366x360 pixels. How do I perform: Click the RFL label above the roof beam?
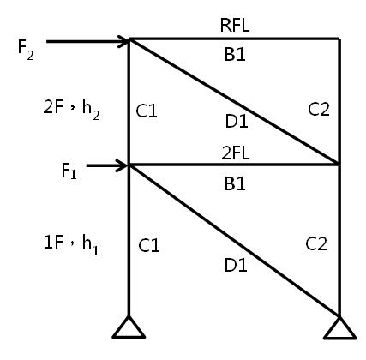pyautogui.click(x=235, y=25)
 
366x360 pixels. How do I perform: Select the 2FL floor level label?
pyautogui.click(x=236, y=153)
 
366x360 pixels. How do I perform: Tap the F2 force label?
pyautogui.click(x=26, y=50)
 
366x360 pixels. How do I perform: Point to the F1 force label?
pyautogui.click(x=69, y=171)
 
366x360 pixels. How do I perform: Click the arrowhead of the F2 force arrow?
pyautogui.click(x=124, y=42)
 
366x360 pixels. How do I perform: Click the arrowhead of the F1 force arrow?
pyautogui.click(x=123, y=165)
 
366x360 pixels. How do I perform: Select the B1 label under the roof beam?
pyautogui.click(x=235, y=54)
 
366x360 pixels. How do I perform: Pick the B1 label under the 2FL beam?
pyautogui.click(x=235, y=183)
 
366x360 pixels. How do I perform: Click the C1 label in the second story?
pyautogui.click(x=147, y=111)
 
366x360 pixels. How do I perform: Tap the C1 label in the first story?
pyautogui.click(x=149, y=245)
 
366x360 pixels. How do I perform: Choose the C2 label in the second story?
pyautogui.click(x=319, y=109)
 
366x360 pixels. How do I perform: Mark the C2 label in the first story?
pyautogui.click(x=316, y=244)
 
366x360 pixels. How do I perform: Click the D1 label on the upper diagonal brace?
pyautogui.click(x=237, y=121)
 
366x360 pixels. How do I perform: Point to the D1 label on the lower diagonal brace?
pyautogui.click(x=236, y=265)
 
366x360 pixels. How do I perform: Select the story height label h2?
pyautogui.click(x=91, y=110)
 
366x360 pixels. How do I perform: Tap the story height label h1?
pyautogui.click(x=91, y=245)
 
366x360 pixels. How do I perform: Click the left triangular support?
pyautogui.click(x=129, y=327)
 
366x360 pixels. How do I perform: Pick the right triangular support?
pyautogui.click(x=340, y=328)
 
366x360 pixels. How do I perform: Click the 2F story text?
pyautogui.click(x=53, y=107)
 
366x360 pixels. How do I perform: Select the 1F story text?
pyautogui.click(x=53, y=242)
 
